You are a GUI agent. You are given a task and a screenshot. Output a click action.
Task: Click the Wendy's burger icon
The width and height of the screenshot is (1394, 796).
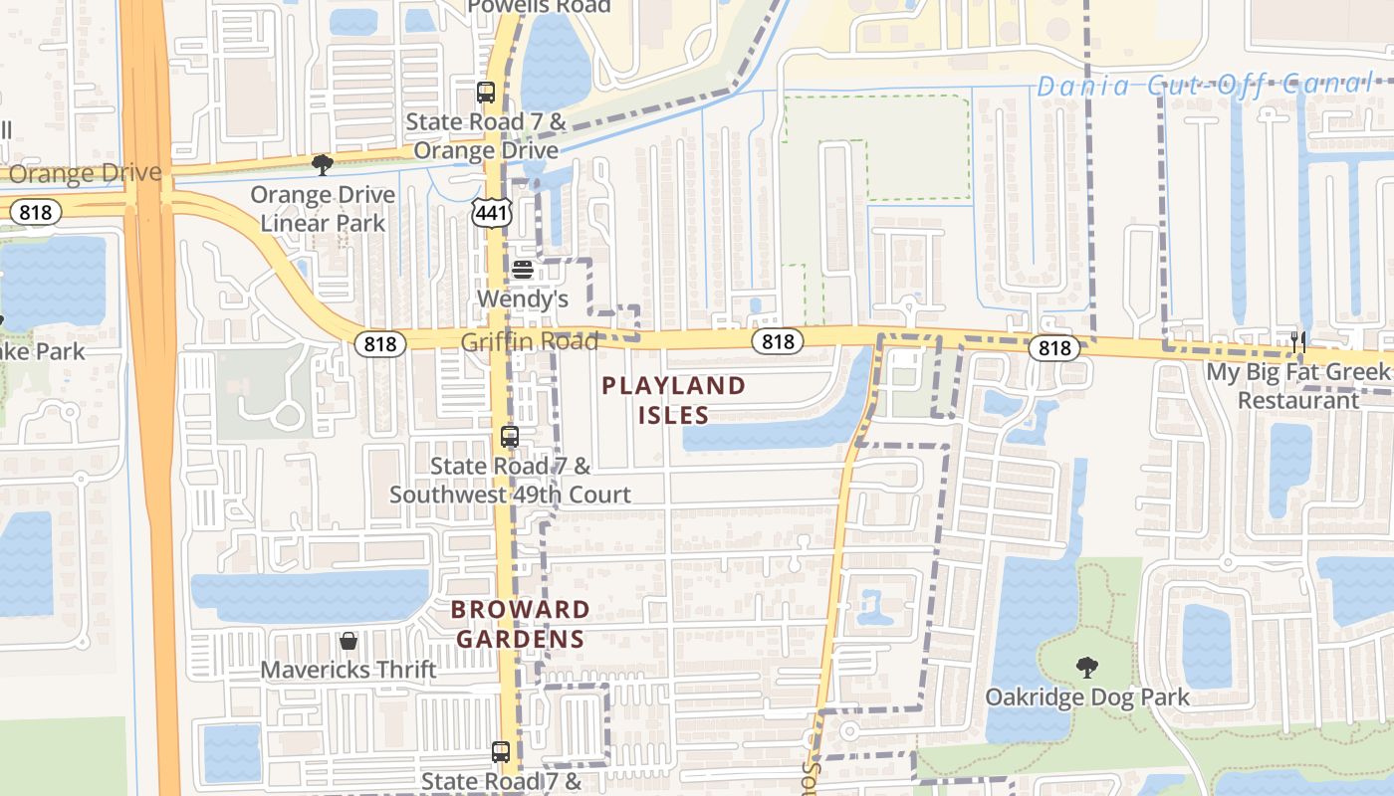tap(523, 270)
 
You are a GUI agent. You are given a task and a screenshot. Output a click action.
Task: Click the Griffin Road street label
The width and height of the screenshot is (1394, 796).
tap(529, 342)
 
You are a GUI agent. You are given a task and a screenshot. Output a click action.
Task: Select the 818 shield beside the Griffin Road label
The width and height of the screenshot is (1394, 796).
tap(380, 344)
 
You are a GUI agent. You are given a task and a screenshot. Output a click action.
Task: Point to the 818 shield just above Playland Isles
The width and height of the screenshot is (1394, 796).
tap(778, 342)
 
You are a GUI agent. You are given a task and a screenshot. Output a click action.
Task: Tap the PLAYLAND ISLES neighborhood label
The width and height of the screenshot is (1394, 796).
tap(674, 400)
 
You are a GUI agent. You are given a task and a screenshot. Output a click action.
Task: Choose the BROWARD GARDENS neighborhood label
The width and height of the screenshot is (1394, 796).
tap(520, 624)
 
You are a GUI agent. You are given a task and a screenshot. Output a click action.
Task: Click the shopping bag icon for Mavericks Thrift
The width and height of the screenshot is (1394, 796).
tap(348, 641)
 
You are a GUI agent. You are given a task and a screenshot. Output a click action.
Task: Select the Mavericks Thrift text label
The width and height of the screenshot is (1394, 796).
tap(348, 670)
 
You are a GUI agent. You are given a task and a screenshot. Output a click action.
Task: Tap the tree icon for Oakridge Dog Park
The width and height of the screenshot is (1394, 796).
tap(1086, 668)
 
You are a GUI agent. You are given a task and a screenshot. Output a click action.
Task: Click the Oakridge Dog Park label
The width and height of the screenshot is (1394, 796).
tap(1087, 696)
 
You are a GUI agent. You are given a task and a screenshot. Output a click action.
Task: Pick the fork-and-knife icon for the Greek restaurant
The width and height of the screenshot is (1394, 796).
tap(1297, 343)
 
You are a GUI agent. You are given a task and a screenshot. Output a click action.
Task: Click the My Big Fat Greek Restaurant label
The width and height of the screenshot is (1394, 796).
tap(1297, 386)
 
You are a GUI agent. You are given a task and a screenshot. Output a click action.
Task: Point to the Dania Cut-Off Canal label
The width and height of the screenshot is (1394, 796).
tap(1204, 86)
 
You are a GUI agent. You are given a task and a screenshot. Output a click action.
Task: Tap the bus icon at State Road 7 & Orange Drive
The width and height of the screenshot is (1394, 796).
tap(486, 94)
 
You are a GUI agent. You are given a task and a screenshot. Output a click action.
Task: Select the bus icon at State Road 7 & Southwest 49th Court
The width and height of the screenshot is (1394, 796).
tap(510, 437)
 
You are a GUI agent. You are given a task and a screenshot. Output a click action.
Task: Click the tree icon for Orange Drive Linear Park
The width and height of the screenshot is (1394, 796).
tap(322, 165)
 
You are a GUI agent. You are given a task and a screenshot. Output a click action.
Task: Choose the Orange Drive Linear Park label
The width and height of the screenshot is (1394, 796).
tap(323, 209)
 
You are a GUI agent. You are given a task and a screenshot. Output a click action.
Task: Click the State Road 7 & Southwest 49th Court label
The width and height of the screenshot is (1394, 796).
tap(510, 481)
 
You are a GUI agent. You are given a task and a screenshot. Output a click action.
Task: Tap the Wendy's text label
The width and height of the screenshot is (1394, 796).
tap(523, 298)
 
